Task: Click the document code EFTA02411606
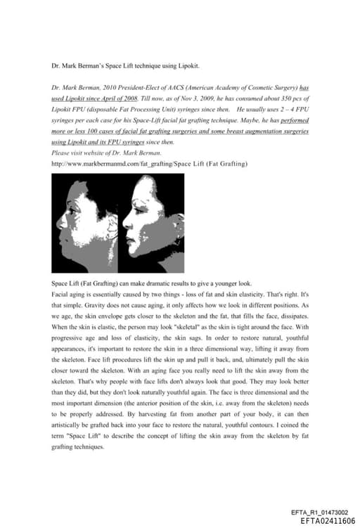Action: click(x=327, y=520)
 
